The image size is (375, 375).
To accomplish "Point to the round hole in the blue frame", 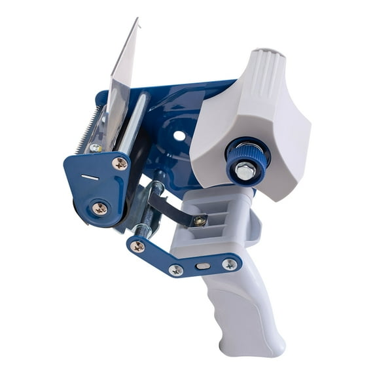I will [x=179, y=136].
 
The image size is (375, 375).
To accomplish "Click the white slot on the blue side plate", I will [x=89, y=177].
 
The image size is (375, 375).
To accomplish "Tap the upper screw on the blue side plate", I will [x=120, y=164].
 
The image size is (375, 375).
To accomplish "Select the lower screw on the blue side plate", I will [x=100, y=209].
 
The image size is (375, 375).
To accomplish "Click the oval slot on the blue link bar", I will [x=204, y=266].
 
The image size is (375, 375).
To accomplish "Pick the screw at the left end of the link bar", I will [x=138, y=247].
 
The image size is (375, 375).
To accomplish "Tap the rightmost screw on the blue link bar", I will [x=230, y=264].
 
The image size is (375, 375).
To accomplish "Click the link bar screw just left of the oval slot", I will [x=176, y=269].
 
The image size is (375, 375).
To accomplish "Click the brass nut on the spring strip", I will [x=199, y=221].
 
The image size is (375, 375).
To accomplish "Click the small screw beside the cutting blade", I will [x=96, y=149].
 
